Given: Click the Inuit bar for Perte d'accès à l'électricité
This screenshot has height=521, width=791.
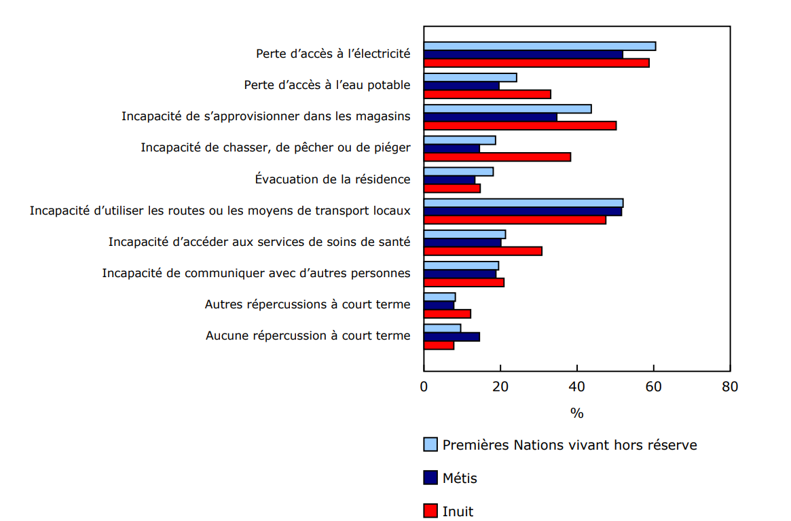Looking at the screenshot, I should pyautogui.click(x=536, y=63).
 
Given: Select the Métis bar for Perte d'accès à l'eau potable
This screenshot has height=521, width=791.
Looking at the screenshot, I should pyautogui.click(x=462, y=86).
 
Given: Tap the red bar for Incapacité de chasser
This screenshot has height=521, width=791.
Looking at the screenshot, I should pyautogui.click(x=497, y=157).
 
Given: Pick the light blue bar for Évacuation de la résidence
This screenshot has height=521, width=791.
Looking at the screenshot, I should pyautogui.click(x=458, y=172).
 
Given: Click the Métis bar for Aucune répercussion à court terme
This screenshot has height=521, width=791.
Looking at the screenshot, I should pyautogui.click(x=452, y=337).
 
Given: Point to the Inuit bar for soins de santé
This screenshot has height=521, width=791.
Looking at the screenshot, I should pyautogui.click(x=483, y=251).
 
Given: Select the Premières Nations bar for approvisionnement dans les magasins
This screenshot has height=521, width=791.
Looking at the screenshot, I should pyautogui.click(x=507, y=109).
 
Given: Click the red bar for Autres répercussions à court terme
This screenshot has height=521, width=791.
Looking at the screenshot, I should pyautogui.click(x=447, y=314).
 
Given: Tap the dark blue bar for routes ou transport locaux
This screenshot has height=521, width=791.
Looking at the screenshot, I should pyautogui.click(x=523, y=212).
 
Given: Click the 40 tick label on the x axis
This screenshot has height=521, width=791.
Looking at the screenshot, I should pyautogui.click(x=577, y=387).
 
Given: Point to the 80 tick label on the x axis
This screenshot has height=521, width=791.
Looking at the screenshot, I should pyautogui.click(x=730, y=387).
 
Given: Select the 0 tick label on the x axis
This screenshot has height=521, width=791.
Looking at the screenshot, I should pyautogui.click(x=424, y=387).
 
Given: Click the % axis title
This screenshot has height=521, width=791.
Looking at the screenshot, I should pyautogui.click(x=576, y=413).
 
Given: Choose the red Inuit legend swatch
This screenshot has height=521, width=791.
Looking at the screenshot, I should pyautogui.click(x=430, y=511).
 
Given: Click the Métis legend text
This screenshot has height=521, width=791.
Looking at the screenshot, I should pyautogui.click(x=460, y=478).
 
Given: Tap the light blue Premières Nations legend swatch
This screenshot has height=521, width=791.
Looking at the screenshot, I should pyautogui.click(x=430, y=445).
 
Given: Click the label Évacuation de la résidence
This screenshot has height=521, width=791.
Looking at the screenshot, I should pyautogui.click(x=333, y=179).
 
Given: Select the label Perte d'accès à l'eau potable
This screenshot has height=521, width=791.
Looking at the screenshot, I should pyautogui.click(x=327, y=85).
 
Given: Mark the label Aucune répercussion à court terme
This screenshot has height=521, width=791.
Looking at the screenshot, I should pyautogui.click(x=308, y=336).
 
